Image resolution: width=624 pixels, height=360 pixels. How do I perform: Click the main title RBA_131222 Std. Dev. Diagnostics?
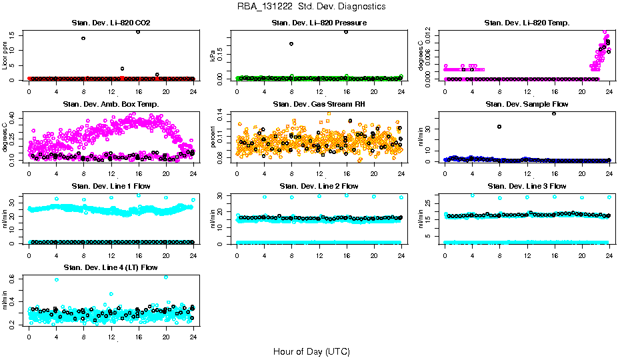pos(311,7)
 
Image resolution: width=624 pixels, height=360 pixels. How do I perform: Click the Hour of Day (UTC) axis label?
pos(311,351)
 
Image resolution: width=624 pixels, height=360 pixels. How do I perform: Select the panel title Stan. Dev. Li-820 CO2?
pos(111,23)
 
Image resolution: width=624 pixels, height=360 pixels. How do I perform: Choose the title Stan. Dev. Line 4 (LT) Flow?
pos(111,267)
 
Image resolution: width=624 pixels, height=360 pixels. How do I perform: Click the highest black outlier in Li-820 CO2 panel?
pos(138,31)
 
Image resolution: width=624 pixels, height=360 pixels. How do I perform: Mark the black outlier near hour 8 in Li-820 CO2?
pos(83,38)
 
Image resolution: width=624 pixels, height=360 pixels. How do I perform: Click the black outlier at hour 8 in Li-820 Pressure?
pos(291,44)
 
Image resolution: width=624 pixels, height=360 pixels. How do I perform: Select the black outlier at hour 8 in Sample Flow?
pos(499,126)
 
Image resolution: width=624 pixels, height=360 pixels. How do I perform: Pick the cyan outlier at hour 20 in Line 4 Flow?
pos(165,277)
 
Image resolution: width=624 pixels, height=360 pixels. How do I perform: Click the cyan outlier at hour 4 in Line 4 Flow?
pos(56,280)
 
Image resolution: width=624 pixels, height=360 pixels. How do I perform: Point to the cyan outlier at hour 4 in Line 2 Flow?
pos(265,197)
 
